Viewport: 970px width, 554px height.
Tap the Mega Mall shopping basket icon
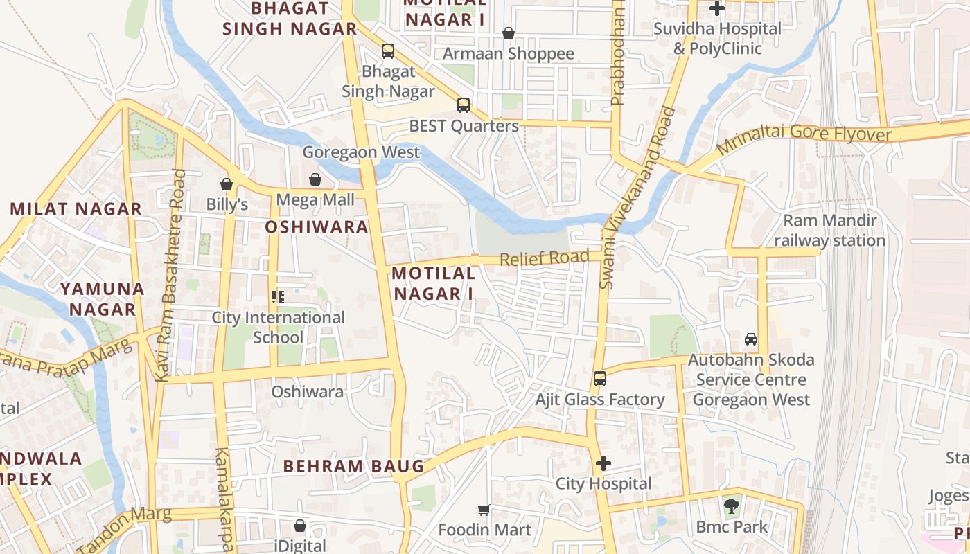315,180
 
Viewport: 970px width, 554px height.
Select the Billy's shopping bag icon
227,184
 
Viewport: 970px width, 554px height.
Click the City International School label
278,328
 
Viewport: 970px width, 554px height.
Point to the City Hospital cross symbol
603,463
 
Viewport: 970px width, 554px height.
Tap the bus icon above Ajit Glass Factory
600,379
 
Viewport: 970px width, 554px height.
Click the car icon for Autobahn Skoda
750,339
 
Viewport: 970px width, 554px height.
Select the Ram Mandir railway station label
829,231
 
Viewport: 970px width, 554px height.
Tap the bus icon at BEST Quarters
464,105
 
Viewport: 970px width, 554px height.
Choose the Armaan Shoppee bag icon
509,33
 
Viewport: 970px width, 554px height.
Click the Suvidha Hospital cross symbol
717,9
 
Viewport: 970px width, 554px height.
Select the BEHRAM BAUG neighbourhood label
353,466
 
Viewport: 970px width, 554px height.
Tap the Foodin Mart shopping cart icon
484,510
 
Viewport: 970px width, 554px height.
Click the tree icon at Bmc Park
731,506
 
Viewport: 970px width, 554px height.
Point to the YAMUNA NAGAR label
102,299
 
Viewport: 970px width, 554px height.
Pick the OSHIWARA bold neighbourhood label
317,227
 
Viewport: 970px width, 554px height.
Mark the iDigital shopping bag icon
300,526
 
